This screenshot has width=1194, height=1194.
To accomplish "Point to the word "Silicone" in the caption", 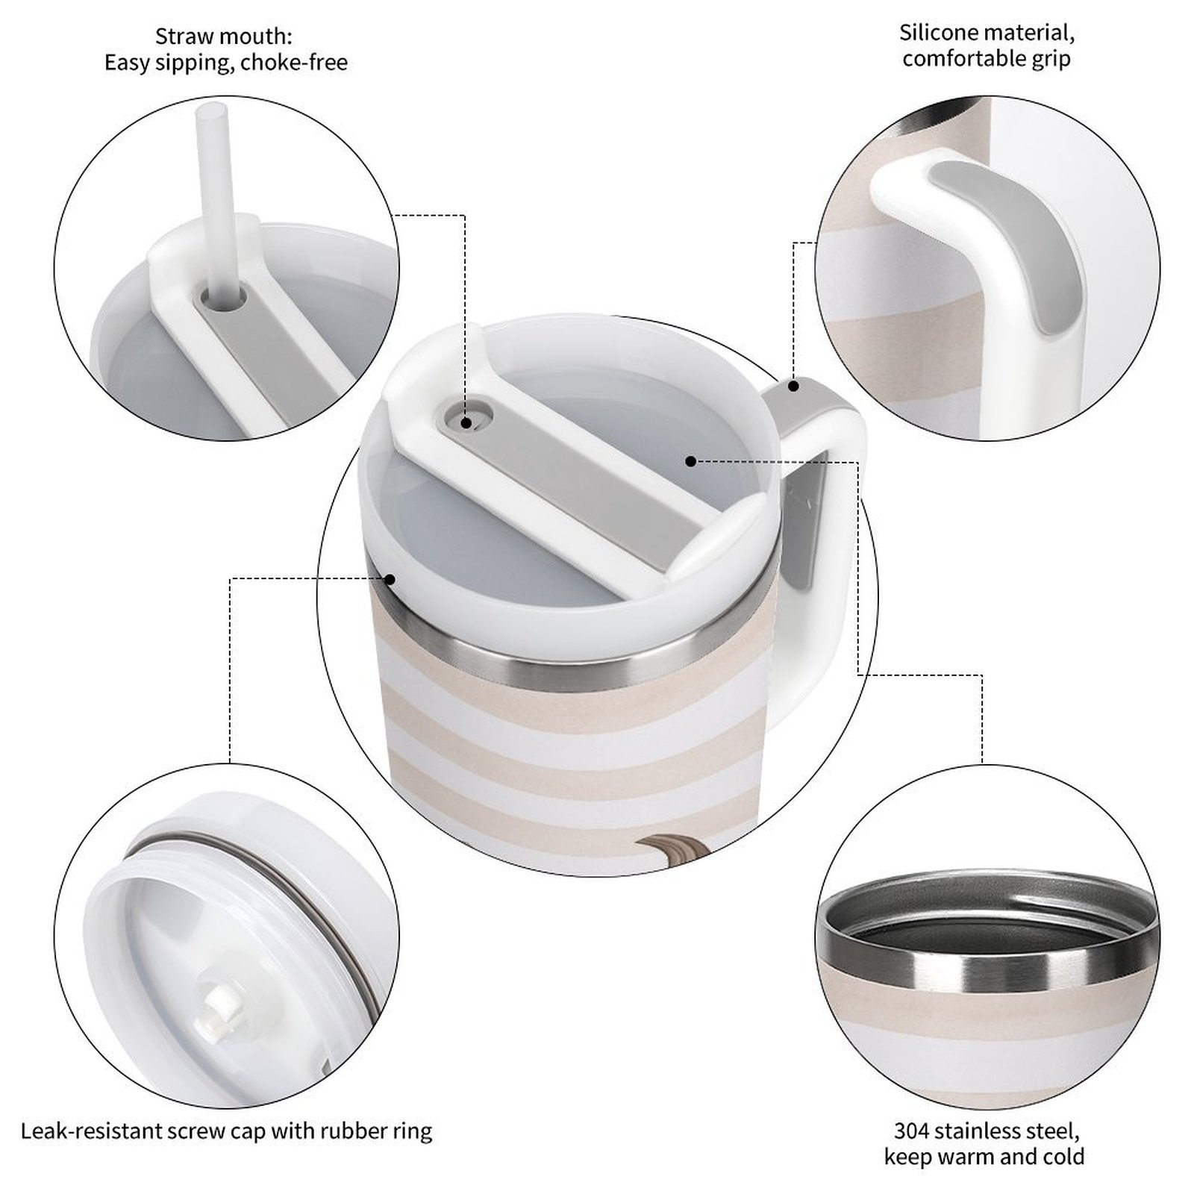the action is click(942, 33).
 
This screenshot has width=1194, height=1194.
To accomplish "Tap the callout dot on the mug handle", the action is click(794, 386).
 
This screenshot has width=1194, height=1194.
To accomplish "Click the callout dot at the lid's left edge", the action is click(390, 578).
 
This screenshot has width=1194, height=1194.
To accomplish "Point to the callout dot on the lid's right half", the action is click(690, 461).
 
